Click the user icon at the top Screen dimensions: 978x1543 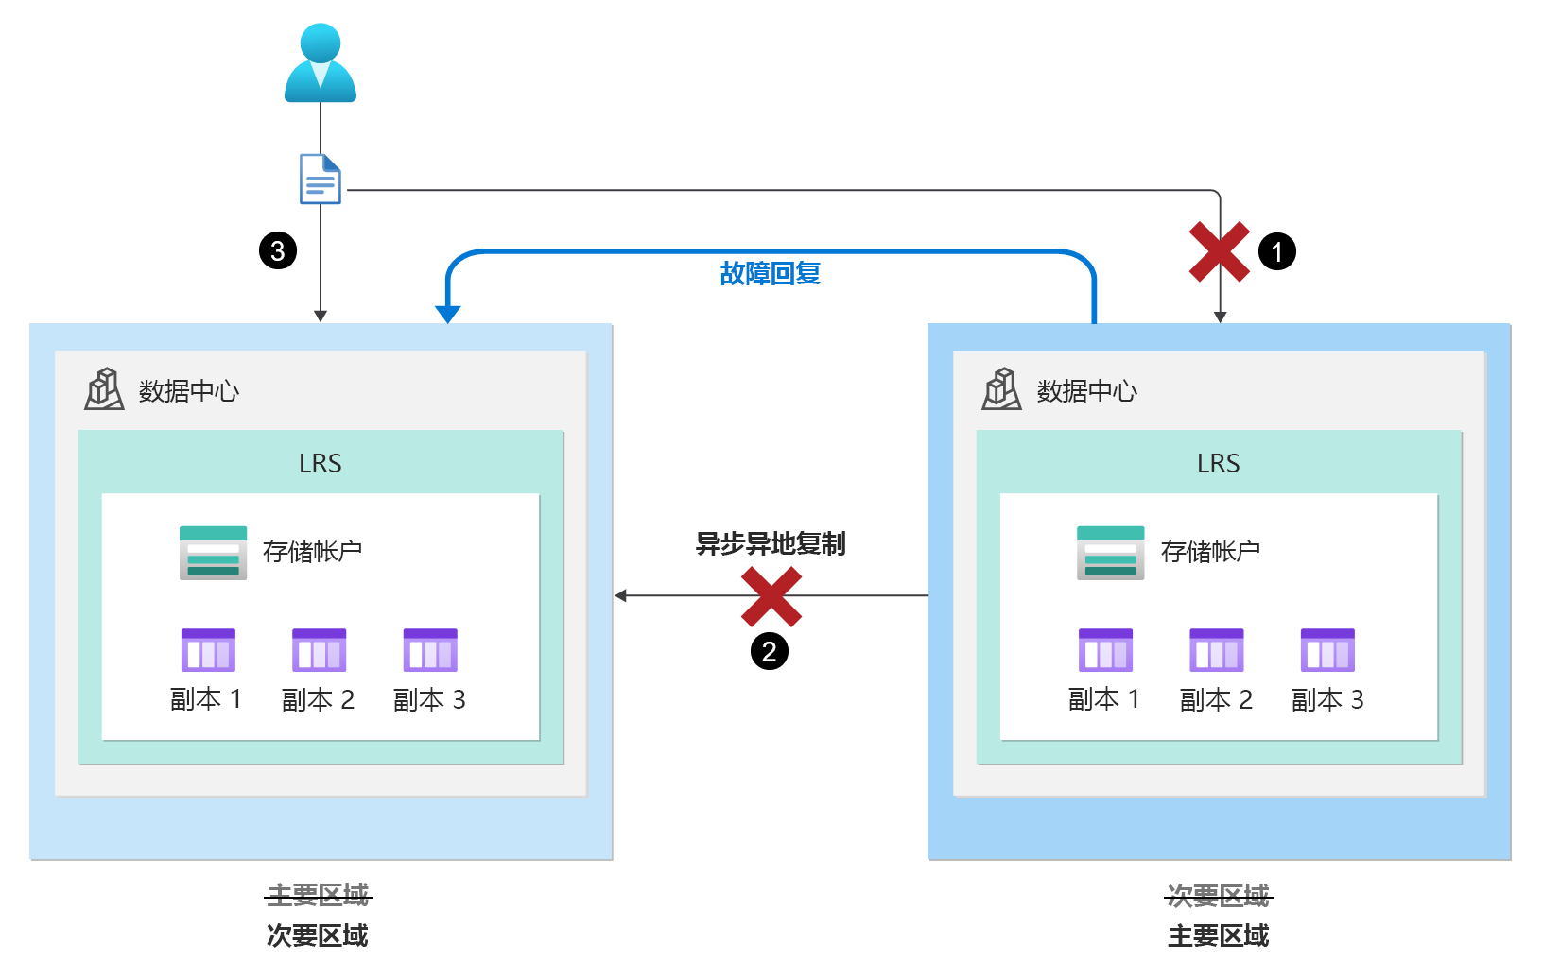[321, 64]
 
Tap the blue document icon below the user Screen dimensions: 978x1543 [321, 179]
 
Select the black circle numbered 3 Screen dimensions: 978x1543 [278, 251]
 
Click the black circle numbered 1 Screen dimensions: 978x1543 [1276, 252]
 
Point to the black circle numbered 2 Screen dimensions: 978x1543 [770, 651]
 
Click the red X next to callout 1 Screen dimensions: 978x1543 [1220, 252]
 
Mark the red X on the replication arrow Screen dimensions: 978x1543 [771, 597]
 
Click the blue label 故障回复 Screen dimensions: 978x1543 [770, 274]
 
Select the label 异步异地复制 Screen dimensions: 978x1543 [771, 544]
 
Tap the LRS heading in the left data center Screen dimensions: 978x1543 [321, 464]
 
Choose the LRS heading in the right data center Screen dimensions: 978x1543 [1218, 464]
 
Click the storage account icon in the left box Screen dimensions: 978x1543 [214, 553]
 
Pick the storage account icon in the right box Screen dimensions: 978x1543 [1111, 553]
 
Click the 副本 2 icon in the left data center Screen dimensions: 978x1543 [320, 650]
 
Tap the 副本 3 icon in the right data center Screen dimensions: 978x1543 [1327, 650]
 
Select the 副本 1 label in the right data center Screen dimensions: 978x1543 [1104, 700]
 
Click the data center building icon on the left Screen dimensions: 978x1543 [104, 389]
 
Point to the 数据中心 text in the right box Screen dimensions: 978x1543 [1087, 391]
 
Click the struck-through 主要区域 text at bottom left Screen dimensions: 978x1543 [318, 895]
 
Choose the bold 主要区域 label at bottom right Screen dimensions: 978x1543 [1218, 936]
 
